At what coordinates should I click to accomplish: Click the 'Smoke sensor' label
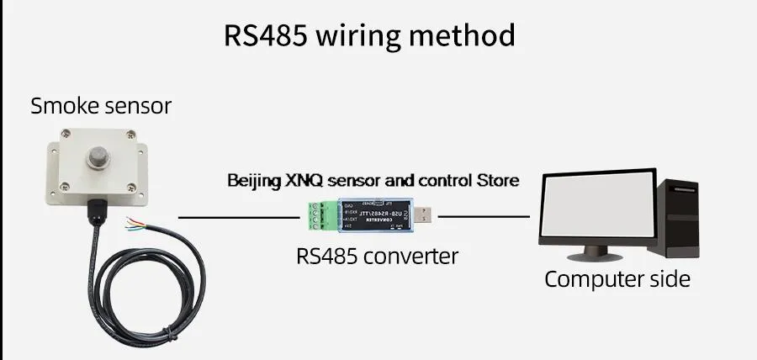click(100, 106)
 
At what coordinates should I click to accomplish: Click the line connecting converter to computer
click(484, 217)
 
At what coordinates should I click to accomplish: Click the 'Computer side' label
click(617, 279)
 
